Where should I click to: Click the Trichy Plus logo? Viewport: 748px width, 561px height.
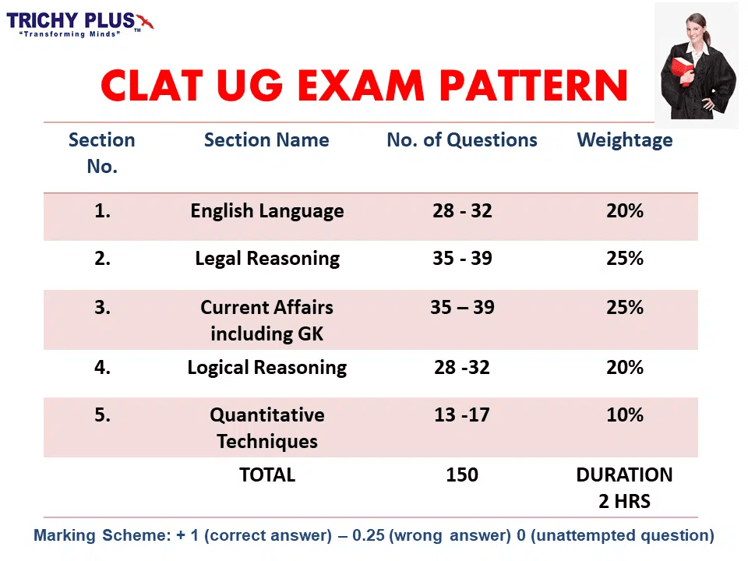[x=79, y=24]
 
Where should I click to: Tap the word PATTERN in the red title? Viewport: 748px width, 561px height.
[x=533, y=86]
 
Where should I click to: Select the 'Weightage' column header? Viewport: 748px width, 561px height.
[x=624, y=140]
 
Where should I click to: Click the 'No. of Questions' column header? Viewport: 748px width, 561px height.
[x=462, y=139]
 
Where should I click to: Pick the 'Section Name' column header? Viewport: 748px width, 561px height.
[x=266, y=139]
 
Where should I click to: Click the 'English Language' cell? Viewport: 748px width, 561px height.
[x=267, y=211]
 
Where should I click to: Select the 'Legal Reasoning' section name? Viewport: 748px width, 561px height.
[x=267, y=259]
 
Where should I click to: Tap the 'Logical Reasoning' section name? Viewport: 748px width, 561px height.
[x=267, y=368]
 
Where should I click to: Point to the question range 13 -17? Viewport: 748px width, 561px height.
[x=462, y=415]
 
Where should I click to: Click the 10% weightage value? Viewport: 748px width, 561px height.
[x=625, y=415]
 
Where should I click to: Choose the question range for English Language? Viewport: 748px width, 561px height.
[x=462, y=210]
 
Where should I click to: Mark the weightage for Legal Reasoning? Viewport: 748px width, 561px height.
[x=625, y=258]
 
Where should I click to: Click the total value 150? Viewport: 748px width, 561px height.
[x=462, y=475]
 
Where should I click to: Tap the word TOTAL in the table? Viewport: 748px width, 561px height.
[x=267, y=475]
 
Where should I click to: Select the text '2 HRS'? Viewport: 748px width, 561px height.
[x=624, y=501]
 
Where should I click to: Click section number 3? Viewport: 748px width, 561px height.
[x=102, y=307]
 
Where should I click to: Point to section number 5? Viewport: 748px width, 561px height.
[x=102, y=415]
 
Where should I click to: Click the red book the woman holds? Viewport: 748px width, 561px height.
[x=683, y=69]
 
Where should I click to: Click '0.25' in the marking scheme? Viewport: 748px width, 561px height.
[x=369, y=535]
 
